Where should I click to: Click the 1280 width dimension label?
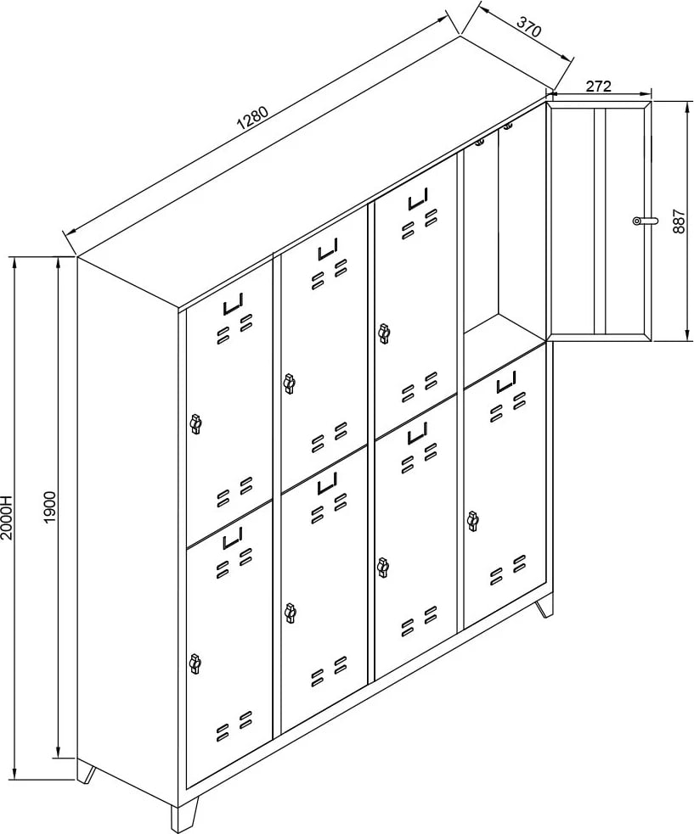coord(255,119)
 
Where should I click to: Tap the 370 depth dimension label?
coord(529,26)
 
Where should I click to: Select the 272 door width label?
coord(599,87)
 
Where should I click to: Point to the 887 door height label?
coord(678,221)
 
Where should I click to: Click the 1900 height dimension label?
coord(49,507)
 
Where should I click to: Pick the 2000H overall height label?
coord(7,517)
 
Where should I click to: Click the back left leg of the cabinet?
coord(86,774)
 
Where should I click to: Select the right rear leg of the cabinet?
coord(544,608)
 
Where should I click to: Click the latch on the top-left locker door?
coord(195,424)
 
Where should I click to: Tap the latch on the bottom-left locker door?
coord(195,663)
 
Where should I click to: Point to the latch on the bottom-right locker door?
coord(472,521)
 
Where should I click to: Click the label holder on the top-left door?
coord(233,305)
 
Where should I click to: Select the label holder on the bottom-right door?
coord(506,382)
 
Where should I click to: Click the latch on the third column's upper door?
coord(383,333)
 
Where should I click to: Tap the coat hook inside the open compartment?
coord(480,142)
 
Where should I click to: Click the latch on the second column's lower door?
coord(290,613)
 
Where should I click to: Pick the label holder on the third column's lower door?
coord(419,434)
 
